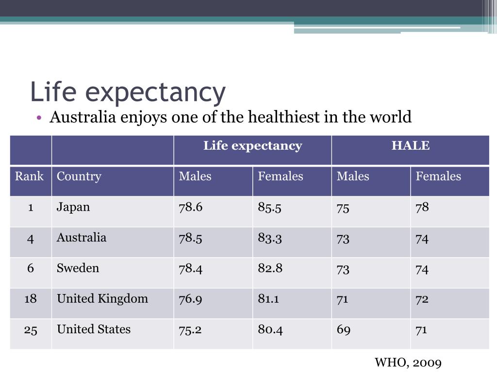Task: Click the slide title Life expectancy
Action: click(x=128, y=92)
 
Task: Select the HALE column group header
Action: click(x=411, y=146)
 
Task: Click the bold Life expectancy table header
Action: click(x=252, y=146)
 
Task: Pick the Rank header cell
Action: click(x=29, y=176)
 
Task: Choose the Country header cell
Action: click(x=79, y=176)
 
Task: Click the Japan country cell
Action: click(x=73, y=207)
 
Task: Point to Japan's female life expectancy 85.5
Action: click(x=270, y=207)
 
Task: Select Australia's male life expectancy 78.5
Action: click(x=191, y=238)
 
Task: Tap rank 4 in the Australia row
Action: click(x=31, y=238)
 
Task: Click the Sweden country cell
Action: click(x=78, y=268)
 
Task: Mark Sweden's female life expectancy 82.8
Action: click(x=270, y=268)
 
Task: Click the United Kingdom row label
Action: click(x=102, y=299)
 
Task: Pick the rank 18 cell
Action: click(x=31, y=299)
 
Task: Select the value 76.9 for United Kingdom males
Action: click(x=191, y=299)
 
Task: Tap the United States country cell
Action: click(x=94, y=329)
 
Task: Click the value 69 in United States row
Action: click(x=344, y=330)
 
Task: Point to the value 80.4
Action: click(x=270, y=330)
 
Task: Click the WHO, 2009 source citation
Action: click(x=408, y=362)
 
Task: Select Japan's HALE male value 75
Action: click(x=343, y=208)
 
